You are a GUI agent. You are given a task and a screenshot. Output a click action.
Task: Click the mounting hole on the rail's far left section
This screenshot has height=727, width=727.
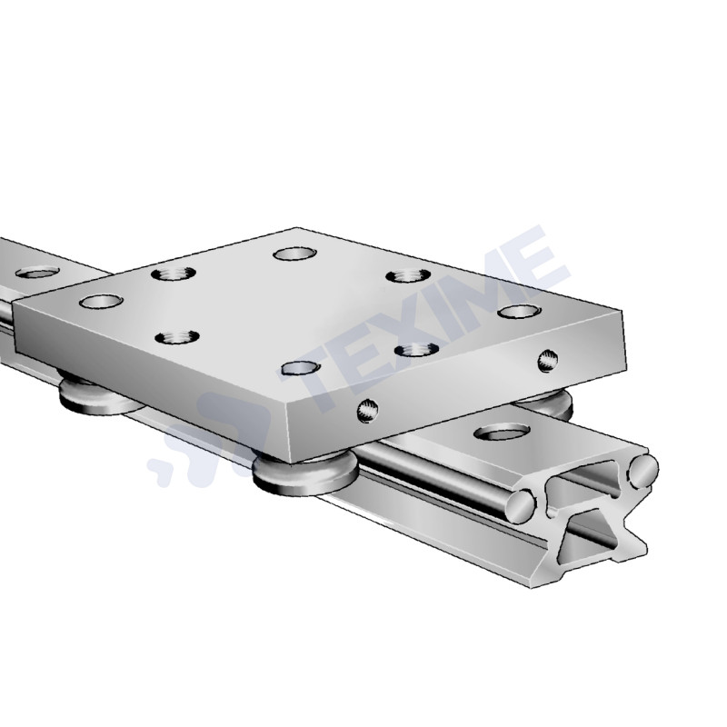click(x=37, y=271)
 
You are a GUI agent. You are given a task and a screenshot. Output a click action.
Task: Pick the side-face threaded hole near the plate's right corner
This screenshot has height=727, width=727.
click(x=545, y=361)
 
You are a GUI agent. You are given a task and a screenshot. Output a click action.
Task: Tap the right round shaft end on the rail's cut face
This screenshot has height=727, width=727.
click(x=642, y=469)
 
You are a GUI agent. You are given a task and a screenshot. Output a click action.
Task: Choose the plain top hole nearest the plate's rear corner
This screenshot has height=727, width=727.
click(x=293, y=254)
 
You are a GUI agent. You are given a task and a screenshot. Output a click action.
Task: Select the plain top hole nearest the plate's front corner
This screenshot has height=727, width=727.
click(x=301, y=367)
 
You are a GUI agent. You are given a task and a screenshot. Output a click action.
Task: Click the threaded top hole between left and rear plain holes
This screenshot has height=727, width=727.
click(x=170, y=272)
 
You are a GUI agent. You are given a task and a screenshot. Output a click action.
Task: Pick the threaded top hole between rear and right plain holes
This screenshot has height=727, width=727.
click(x=404, y=275)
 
